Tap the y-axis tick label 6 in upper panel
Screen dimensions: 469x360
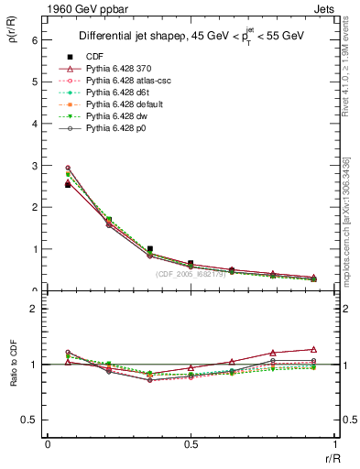(34, 40)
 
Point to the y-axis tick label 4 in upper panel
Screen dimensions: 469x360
(34, 124)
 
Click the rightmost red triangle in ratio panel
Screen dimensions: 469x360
(313, 349)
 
